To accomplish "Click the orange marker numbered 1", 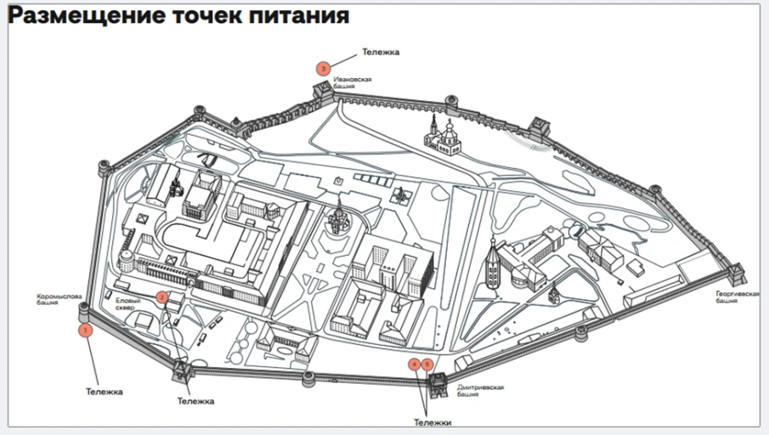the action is tap(85, 330).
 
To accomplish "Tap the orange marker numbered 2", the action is tap(162, 297).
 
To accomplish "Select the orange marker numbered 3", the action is tap(323, 69).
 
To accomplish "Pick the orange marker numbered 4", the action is tap(415, 364).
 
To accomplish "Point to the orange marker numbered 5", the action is tap(427, 364).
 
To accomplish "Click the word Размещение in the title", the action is tap(87, 15).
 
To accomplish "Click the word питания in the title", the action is tap(299, 15).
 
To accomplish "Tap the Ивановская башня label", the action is tap(352, 82).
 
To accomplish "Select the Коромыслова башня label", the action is tap(59, 300).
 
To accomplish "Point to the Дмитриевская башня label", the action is tap(481, 390).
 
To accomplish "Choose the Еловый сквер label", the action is tap(128, 304).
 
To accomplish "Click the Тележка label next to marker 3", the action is tap(381, 52).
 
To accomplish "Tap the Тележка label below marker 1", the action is tap(104, 392).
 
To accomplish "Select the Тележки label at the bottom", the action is tap(432, 423).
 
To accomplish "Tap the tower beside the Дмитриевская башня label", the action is tap(438, 385).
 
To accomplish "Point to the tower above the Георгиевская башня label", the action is tap(736, 274).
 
